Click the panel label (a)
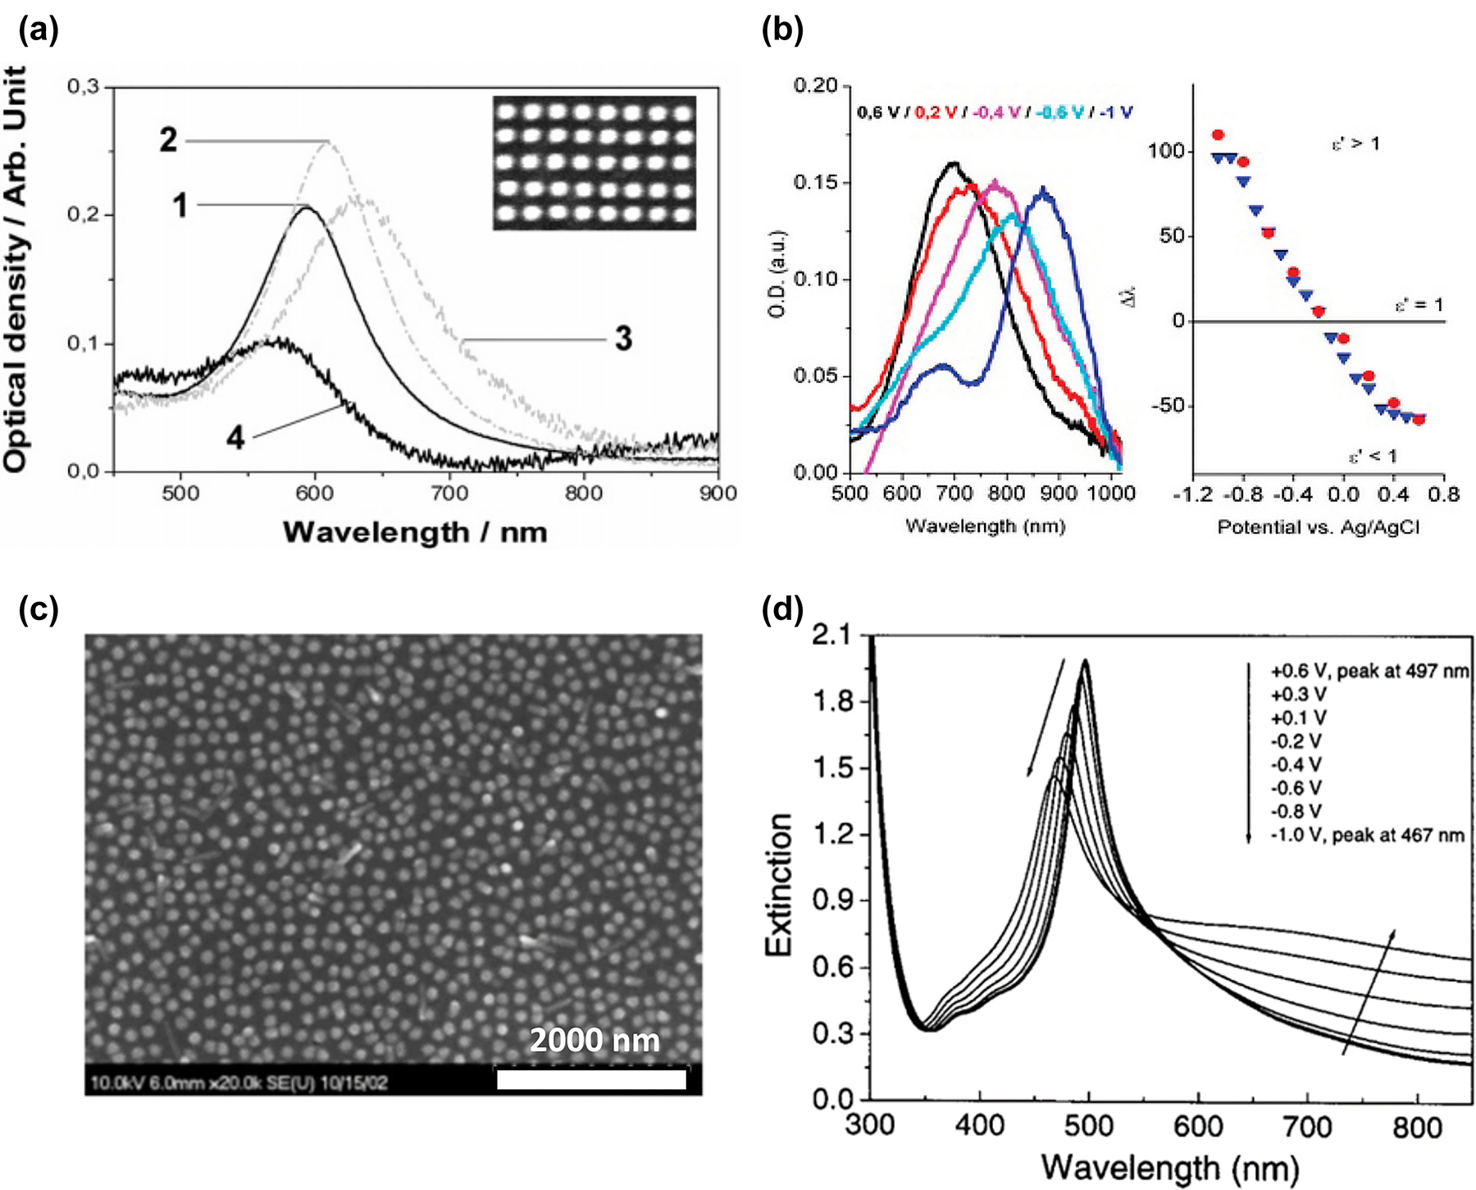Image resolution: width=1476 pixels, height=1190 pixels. [x=39, y=30]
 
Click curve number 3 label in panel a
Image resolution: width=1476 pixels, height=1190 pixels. [x=623, y=339]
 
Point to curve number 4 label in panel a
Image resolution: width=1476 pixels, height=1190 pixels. [x=235, y=437]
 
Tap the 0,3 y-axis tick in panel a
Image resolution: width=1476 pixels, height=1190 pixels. [x=83, y=87]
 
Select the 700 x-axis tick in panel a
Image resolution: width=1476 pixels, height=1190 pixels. [x=449, y=494]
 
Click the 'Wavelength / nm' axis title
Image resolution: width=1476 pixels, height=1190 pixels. [x=415, y=533]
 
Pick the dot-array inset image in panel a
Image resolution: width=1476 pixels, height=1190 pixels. [x=594, y=162]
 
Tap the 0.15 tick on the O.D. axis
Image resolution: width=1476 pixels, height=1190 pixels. [x=816, y=182]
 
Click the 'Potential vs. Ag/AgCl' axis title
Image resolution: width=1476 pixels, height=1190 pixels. [x=1318, y=527]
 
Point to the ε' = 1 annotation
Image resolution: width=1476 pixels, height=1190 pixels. [x=1419, y=305]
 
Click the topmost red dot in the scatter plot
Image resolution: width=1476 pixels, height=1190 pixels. [x=1218, y=135]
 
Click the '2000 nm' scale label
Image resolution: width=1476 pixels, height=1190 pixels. [x=594, y=1041]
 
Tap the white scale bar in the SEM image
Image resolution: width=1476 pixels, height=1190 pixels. [x=591, y=1080]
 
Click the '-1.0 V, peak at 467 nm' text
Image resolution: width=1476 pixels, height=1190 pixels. [x=1367, y=836]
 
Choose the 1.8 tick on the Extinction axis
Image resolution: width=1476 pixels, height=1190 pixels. [x=832, y=702]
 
